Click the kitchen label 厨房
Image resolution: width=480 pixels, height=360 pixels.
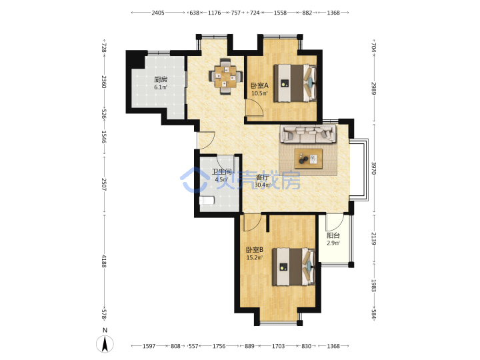(161, 79)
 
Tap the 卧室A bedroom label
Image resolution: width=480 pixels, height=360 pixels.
(259, 86)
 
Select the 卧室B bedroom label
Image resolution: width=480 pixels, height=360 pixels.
(255, 250)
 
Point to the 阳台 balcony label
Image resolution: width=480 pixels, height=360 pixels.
(333, 235)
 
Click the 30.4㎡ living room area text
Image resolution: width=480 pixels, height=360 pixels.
(263, 185)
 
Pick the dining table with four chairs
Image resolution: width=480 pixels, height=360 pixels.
(226, 77)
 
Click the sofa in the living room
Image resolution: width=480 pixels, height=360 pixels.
(309, 134)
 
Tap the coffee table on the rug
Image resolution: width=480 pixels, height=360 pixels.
(309, 159)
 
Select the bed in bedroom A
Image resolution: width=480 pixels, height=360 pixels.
(295, 83)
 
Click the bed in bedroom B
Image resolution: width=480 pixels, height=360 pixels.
(293, 267)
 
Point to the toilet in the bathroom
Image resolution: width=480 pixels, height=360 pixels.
(207, 201)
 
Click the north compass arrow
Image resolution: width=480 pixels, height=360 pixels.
(105, 344)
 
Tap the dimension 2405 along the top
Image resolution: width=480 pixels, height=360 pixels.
(158, 13)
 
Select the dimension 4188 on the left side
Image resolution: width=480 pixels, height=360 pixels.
(104, 261)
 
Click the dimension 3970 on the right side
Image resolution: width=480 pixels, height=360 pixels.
(373, 168)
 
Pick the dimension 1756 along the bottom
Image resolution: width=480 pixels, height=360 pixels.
(219, 346)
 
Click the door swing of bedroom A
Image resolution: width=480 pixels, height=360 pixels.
(255, 107)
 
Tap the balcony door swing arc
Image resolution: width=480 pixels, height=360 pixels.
(335, 223)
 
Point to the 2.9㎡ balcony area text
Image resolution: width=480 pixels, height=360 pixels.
(333, 243)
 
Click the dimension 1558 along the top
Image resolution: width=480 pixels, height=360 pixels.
(280, 13)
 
